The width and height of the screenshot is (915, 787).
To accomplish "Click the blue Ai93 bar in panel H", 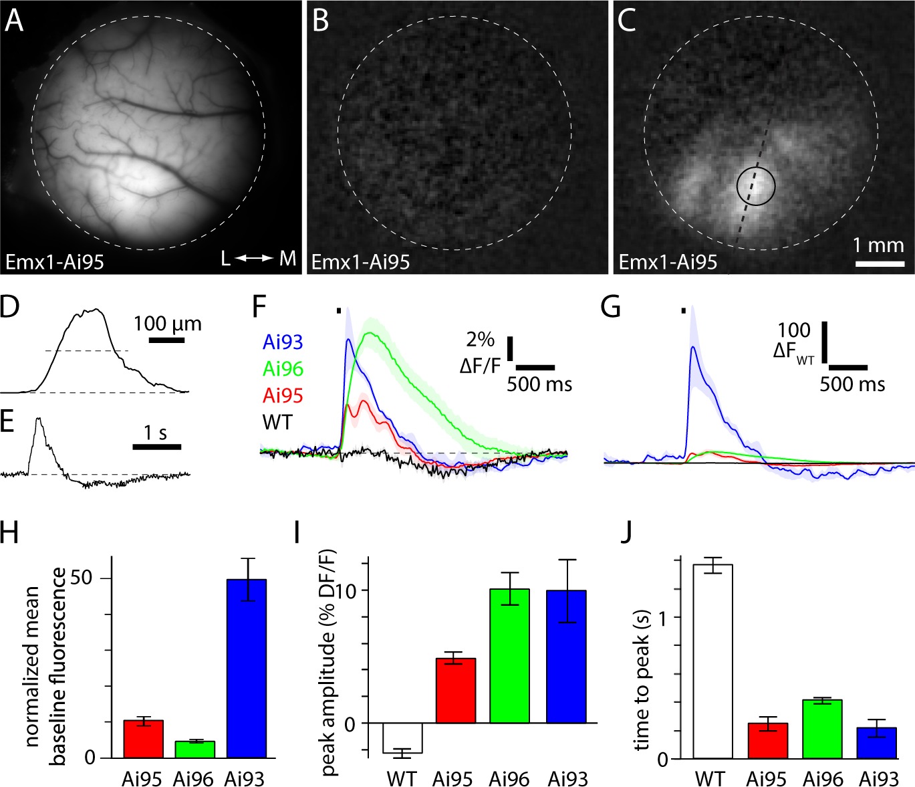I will point(246,669).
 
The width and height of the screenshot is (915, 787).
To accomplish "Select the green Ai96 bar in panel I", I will point(509,656).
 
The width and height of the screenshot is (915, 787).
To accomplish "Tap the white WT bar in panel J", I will point(712,662).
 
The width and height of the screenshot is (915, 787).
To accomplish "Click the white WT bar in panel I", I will point(402,738).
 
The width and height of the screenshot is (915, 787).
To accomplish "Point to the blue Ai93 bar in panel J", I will point(876,743).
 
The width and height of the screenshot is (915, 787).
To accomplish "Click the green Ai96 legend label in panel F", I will point(283,368).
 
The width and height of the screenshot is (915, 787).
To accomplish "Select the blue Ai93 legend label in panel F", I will point(283,342).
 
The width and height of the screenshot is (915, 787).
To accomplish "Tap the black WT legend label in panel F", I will point(277,422).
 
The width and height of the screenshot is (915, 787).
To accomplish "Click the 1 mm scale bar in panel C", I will point(880,263).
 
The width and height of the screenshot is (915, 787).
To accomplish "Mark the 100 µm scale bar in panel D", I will point(166,340).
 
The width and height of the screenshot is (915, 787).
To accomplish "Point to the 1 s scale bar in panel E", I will point(157,446).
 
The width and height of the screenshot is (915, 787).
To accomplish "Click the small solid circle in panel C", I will point(756,187).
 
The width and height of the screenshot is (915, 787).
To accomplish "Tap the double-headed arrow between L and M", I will point(254,258).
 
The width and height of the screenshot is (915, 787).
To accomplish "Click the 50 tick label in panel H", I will point(81,578).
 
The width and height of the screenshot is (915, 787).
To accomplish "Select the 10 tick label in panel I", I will point(347,590).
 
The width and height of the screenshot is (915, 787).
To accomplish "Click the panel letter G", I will point(611,308).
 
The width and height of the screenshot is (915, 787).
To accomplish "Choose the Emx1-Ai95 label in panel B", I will point(360,261).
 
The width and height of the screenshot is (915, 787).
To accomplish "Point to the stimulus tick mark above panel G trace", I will point(683,310).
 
